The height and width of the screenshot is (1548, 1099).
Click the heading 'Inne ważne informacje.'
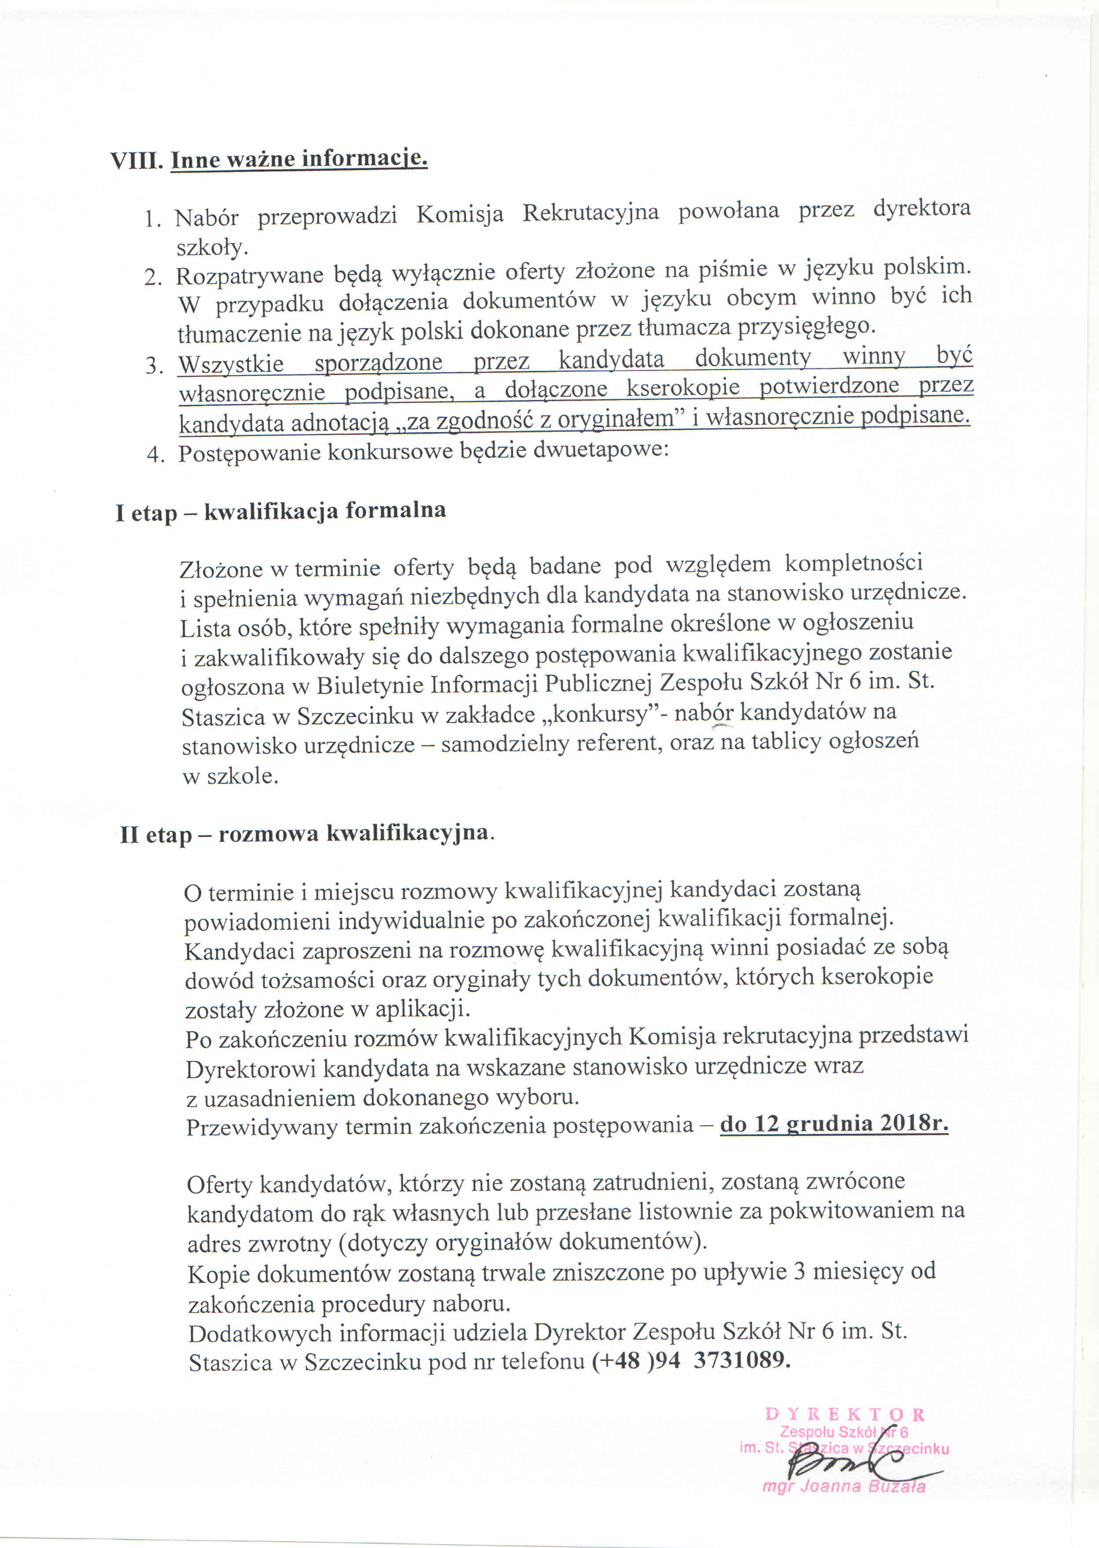point(299,159)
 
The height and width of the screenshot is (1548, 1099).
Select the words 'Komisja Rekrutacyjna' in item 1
point(537,213)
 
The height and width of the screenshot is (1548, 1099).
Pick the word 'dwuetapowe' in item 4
point(601,450)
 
